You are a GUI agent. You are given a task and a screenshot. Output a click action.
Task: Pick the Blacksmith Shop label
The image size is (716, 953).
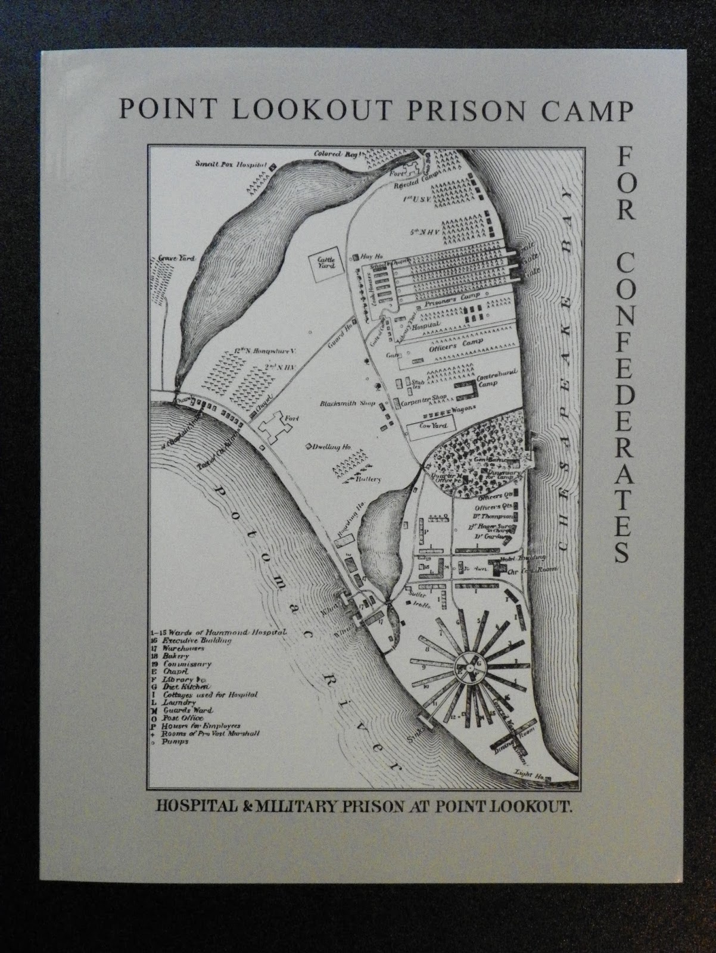(x=347, y=403)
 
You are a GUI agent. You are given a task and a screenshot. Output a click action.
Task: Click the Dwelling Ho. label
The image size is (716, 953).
(x=333, y=446)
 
